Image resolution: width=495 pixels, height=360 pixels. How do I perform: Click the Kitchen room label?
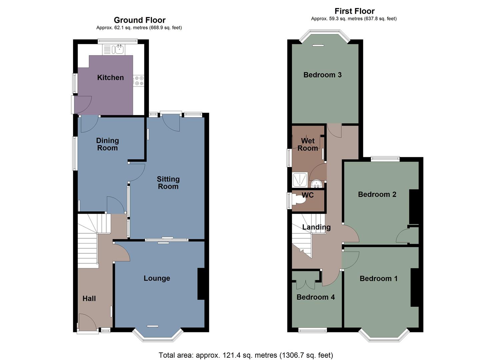(x=110, y=78)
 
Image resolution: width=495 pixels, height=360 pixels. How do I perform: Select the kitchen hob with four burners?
(x=139, y=81)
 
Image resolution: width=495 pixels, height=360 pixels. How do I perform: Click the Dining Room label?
(x=107, y=144)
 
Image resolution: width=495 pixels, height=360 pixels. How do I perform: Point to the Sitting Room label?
(x=168, y=183)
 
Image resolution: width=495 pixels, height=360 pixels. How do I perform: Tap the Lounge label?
(x=157, y=278)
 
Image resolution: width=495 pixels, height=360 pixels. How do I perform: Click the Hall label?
(x=89, y=299)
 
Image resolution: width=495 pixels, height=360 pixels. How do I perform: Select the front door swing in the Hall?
(x=87, y=323)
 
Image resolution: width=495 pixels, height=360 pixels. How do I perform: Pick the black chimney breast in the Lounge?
(x=201, y=284)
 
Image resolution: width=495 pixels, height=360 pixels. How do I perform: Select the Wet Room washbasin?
(x=315, y=183)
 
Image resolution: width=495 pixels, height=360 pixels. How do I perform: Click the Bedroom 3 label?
(x=322, y=75)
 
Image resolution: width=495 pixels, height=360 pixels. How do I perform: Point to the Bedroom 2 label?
(x=377, y=194)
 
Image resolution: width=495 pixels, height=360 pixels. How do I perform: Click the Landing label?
(x=316, y=227)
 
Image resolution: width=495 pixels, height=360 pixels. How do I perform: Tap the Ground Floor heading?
(x=140, y=20)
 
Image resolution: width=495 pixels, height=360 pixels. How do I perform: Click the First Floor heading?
(x=354, y=11)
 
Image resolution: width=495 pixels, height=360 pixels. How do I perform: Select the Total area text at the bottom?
(x=246, y=355)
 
